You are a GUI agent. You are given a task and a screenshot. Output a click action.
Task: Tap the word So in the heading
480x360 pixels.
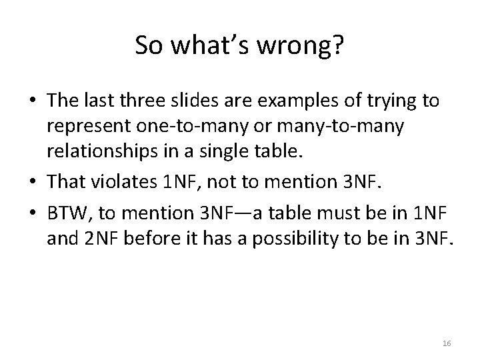click(148, 45)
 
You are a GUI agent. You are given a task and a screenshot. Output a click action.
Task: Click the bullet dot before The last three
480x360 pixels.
click(31, 101)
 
